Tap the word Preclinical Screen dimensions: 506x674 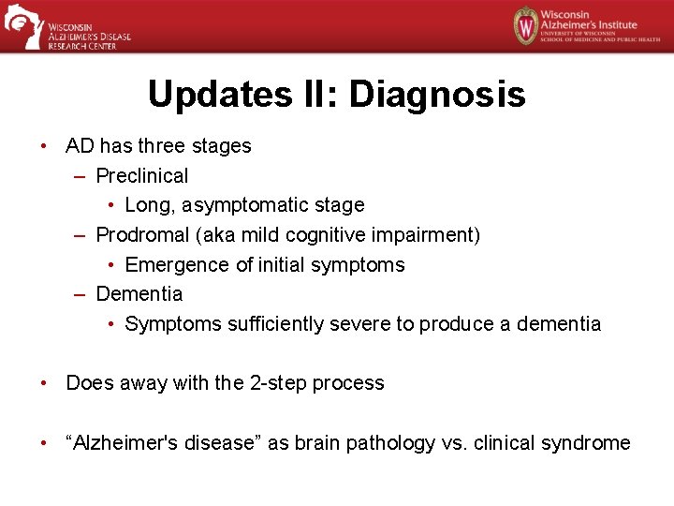141,175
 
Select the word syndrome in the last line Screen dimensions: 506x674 590,442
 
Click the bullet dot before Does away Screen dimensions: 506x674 44,383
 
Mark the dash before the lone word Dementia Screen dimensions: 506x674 82,294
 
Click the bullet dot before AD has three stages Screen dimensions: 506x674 44,146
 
